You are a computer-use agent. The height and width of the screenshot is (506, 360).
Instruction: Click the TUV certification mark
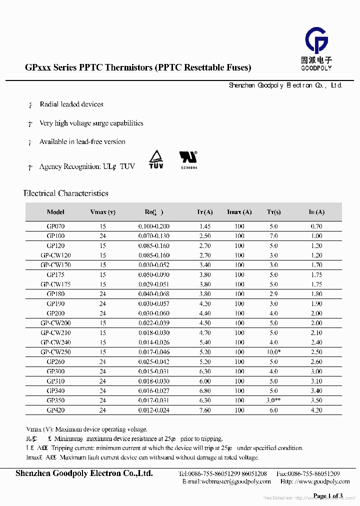(x=156, y=159)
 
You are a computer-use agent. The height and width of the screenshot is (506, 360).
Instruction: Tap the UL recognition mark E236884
(x=188, y=160)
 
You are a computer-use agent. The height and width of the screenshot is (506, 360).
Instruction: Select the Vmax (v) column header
(x=102, y=212)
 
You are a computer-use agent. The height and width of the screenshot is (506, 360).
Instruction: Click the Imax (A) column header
(x=239, y=212)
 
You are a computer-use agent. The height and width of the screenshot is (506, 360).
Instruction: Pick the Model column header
(x=55, y=212)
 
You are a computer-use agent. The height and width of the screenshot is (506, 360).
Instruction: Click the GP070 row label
(x=55, y=226)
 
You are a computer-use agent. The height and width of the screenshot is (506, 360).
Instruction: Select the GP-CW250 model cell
(x=55, y=352)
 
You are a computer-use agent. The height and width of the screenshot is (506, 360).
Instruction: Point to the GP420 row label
(x=55, y=410)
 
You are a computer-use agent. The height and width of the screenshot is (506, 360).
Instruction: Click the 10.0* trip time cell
(x=274, y=352)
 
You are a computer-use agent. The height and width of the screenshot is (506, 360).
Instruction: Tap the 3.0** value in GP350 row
(x=274, y=401)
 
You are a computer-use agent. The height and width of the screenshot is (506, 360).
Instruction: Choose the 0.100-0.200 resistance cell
(x=154, y=226)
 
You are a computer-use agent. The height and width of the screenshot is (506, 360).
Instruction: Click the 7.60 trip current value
(x=205, y=410)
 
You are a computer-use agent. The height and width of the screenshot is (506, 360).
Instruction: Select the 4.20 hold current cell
(x=316, y=410)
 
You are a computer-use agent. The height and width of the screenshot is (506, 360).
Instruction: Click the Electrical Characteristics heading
(x=66, y=193)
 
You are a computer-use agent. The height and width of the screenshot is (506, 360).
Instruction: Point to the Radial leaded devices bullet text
(x=71, y=104)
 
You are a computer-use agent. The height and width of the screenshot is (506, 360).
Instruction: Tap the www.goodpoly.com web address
(x=323, y=481)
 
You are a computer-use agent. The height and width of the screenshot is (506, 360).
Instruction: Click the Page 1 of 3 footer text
(x=327, y=495)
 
